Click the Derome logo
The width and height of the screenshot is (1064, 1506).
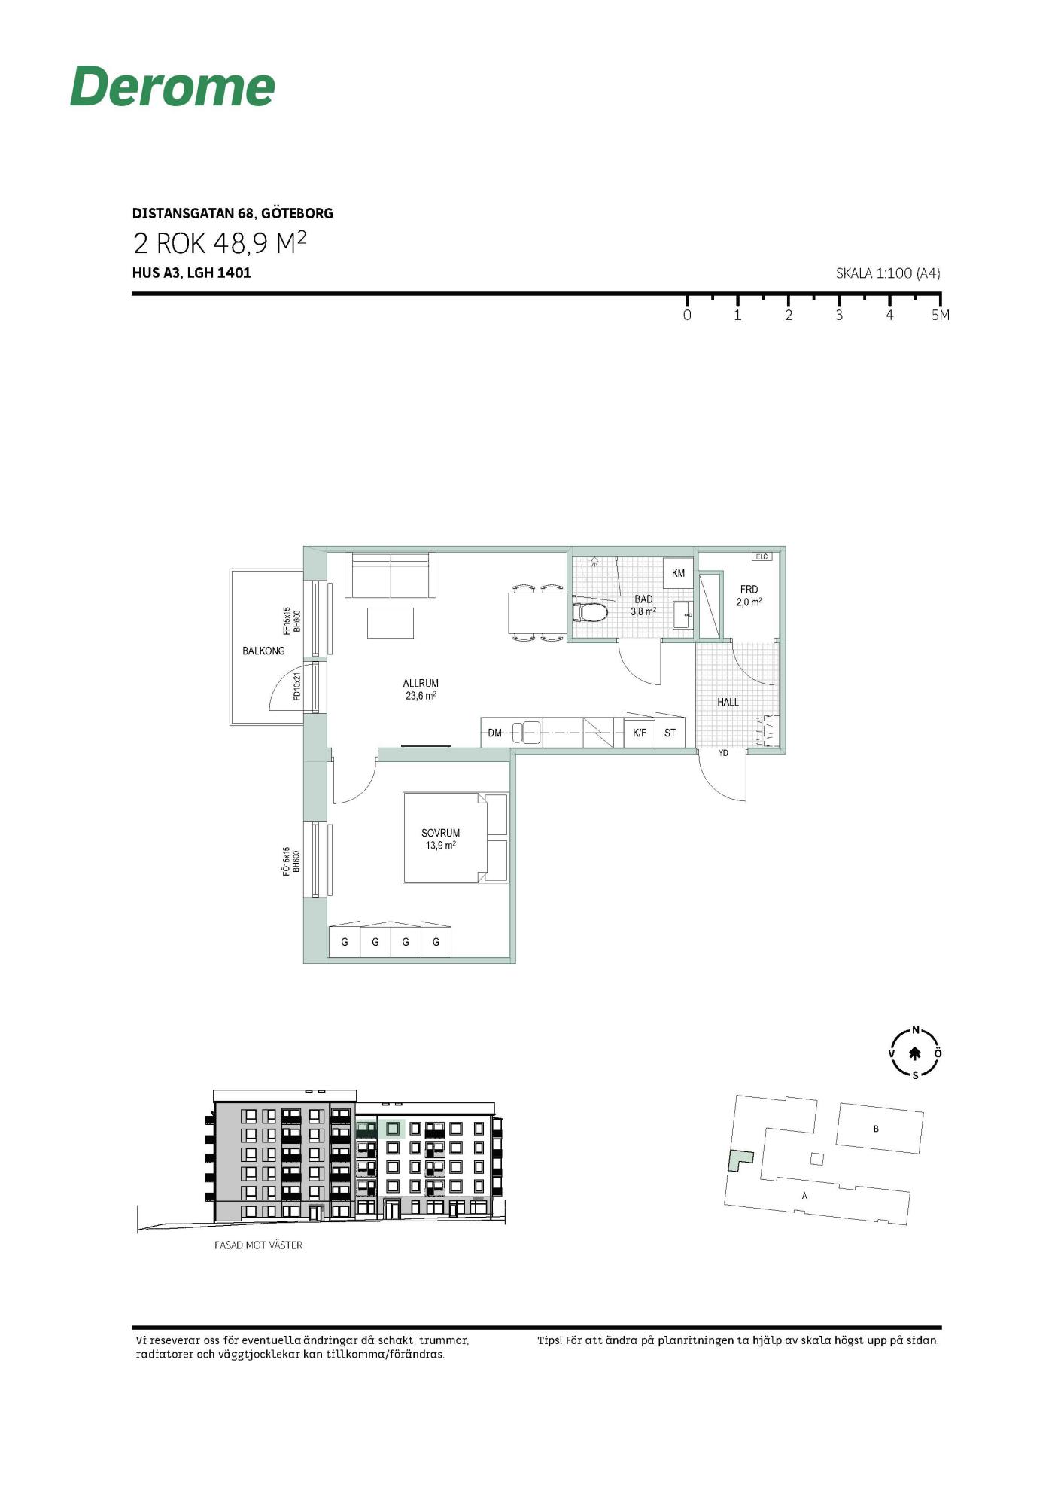(x=172, y=86)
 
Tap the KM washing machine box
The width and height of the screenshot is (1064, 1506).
(x=678, y=573)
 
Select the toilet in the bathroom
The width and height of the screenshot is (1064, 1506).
(x=591, y=611)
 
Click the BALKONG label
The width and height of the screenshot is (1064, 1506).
(x=263, y=651)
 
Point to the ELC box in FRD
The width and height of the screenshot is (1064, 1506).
(x=762, y=556)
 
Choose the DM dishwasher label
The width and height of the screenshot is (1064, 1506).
(x=495, y=733)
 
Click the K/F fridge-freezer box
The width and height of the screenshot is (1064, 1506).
(x=640, y=732)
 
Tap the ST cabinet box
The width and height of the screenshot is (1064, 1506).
(x=670, y=732)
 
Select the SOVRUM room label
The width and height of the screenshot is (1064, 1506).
(x=440, y=833)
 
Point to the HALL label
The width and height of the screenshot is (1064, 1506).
(x=728, y=702)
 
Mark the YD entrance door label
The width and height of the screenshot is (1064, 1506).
(x=723, y=753)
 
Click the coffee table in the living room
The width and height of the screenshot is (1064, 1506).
(x=391, y=623)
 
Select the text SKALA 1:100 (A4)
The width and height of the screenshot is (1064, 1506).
(x=888, y=273)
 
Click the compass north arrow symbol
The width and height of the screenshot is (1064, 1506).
(x=915, y=1053)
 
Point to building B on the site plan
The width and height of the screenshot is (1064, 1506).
(x=880, y=1128)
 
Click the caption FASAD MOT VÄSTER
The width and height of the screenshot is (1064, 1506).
(x=258, y=1245)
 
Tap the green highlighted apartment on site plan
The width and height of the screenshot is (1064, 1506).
(x=739, y=1160)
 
